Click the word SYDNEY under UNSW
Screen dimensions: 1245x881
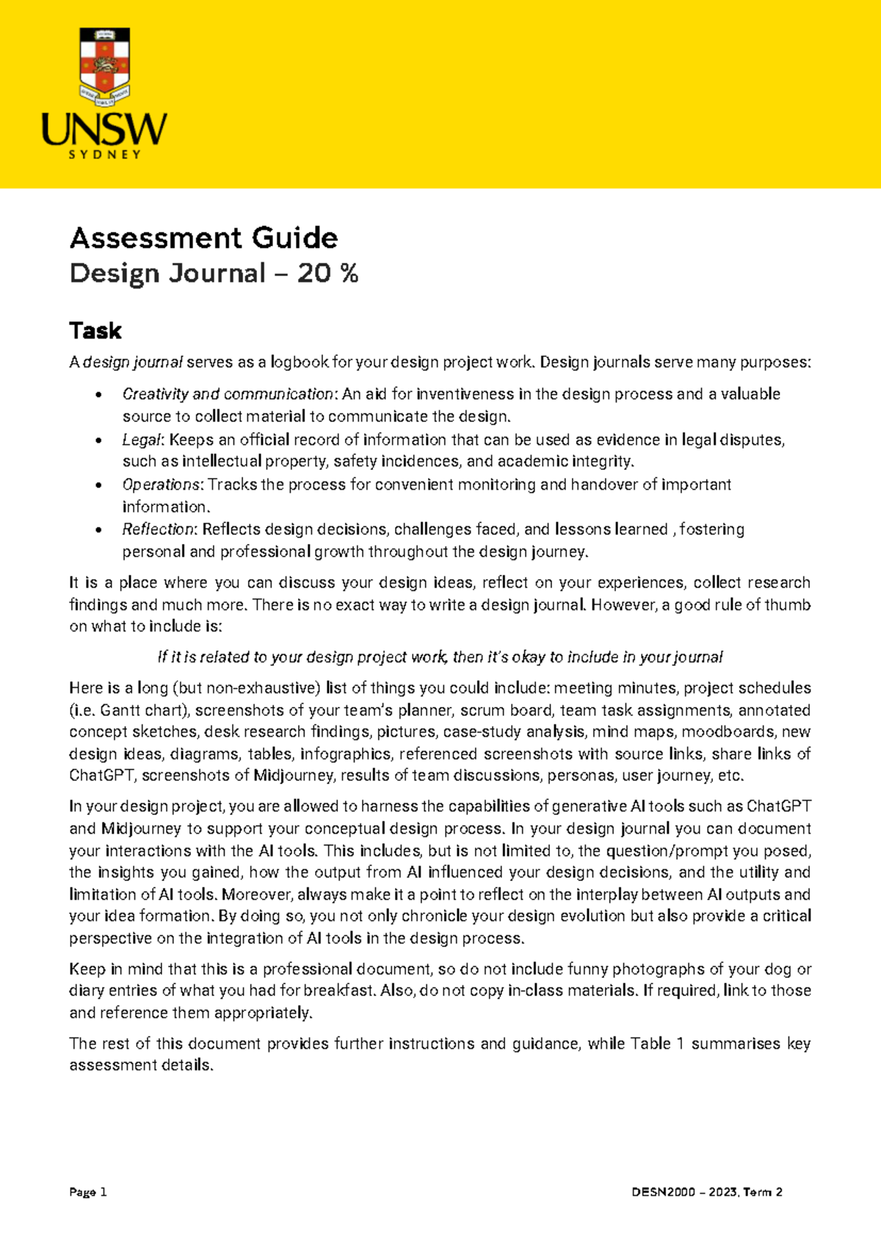[x=104, y=155]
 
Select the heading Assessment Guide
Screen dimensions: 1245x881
[x=203, y=238]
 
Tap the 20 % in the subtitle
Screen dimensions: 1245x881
[x=327, y=273]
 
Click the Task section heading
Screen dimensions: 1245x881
[x=95, y=331]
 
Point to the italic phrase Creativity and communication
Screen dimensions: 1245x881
[x=228, y=394]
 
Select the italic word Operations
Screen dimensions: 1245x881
[x=162, y=484]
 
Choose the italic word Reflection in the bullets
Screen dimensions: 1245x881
[x=159, y=529]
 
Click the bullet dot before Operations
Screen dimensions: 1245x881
[x=98, y=486]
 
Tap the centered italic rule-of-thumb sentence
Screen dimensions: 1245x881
[x=440, y=657]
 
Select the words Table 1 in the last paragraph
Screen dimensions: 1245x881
[x=657, y=1043]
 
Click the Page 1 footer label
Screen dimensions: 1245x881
[x=88, y=1192]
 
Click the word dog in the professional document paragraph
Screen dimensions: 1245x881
[x=777, y=969]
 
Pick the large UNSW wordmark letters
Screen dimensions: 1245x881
[x=104, y=129]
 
